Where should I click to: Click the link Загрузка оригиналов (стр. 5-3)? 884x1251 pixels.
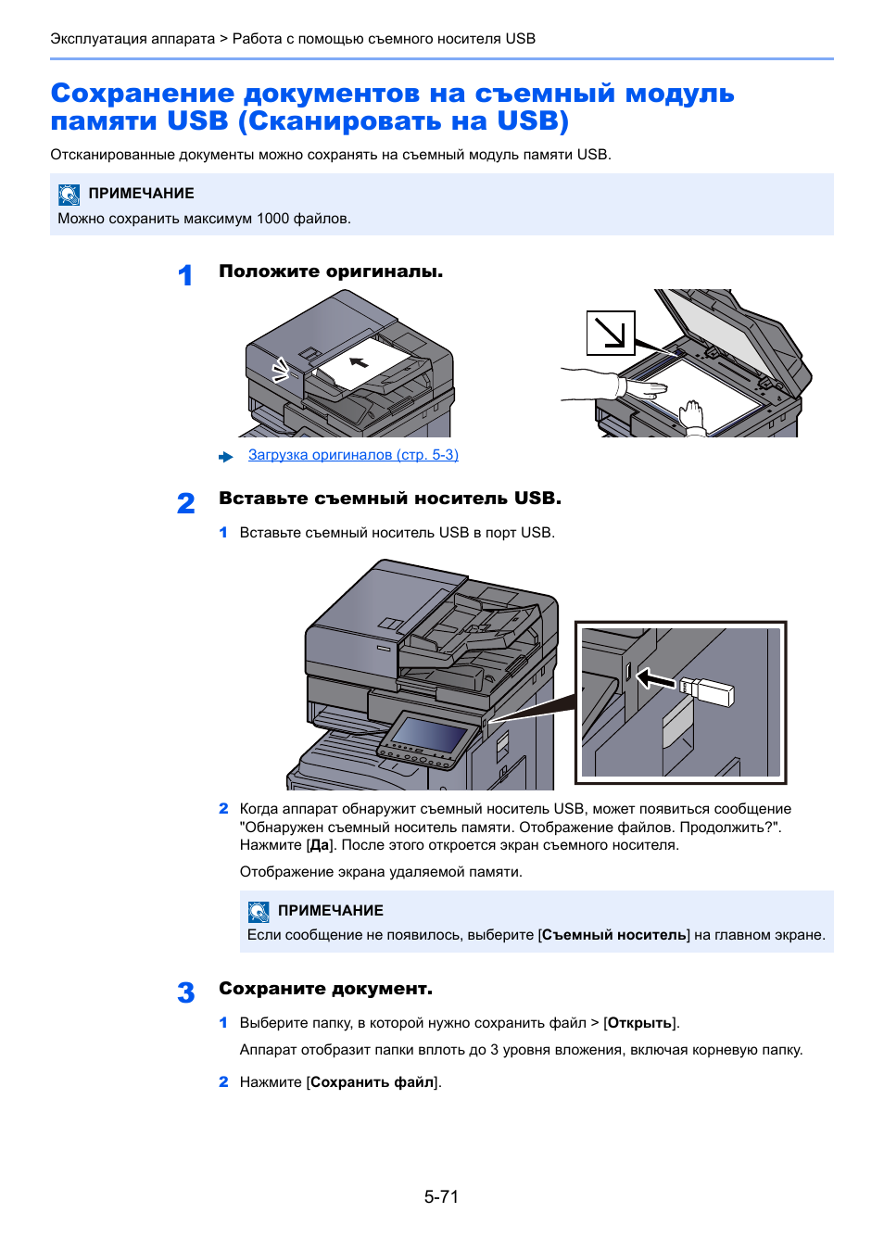353,455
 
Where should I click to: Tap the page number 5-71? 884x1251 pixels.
441,1196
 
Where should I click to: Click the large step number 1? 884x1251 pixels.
185,275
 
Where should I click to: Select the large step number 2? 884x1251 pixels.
185,503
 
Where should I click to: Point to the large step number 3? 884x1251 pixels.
185,992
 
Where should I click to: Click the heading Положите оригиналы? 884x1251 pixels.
331,272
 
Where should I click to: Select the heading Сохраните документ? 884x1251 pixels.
325,989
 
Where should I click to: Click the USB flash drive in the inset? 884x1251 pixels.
707,690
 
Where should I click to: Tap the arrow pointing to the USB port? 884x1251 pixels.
656,680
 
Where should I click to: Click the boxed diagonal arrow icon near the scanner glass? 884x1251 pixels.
610,333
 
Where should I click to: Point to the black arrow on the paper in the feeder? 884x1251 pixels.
359,360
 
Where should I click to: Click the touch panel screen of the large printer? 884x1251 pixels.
429,736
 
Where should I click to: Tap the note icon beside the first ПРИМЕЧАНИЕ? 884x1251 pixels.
69,194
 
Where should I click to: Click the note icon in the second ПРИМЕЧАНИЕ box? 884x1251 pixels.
259,911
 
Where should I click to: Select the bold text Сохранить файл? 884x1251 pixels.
373,1082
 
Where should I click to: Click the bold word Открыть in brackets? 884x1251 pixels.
639,1023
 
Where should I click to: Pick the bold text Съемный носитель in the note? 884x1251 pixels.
614,935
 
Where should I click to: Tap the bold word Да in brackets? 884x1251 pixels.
320,845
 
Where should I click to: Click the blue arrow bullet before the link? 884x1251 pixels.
226,457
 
